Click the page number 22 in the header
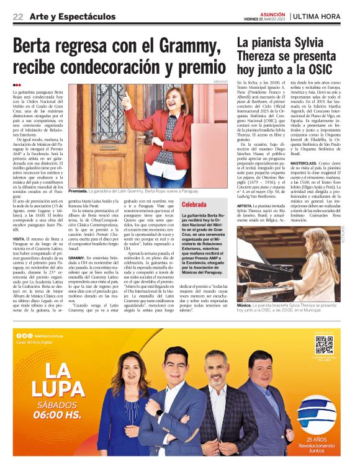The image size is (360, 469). point(18,16)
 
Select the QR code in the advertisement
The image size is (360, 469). point(323,346)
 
